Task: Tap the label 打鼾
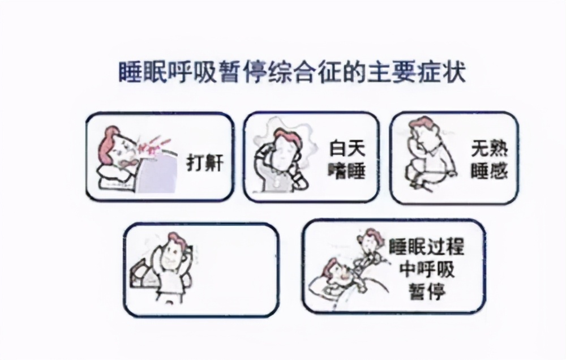coord(205,164)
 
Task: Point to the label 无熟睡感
coord(488,160)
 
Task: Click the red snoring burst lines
coord(150,144)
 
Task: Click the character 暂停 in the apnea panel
coord(427,293)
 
